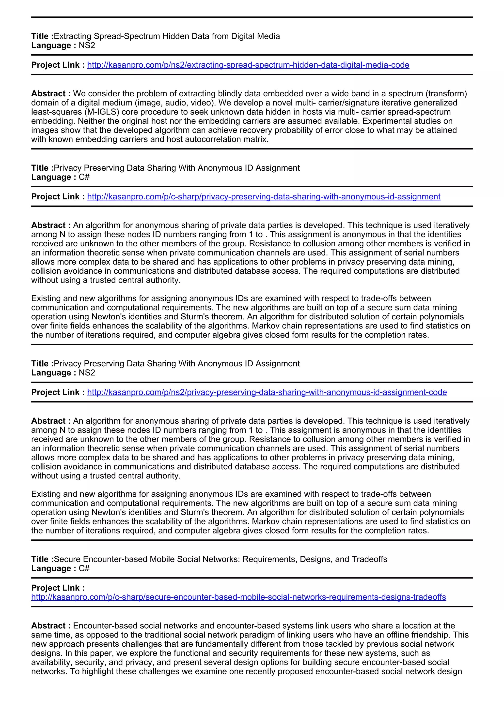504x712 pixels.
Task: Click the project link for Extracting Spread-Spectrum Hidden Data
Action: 248,65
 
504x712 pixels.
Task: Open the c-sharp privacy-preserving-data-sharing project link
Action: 264,197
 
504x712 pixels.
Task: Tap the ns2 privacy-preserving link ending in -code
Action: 267,392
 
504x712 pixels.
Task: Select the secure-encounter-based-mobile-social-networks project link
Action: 238,597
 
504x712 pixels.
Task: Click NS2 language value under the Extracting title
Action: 87,45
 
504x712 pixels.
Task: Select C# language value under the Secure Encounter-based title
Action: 84,568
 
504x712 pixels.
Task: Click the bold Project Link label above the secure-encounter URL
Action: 58,588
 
